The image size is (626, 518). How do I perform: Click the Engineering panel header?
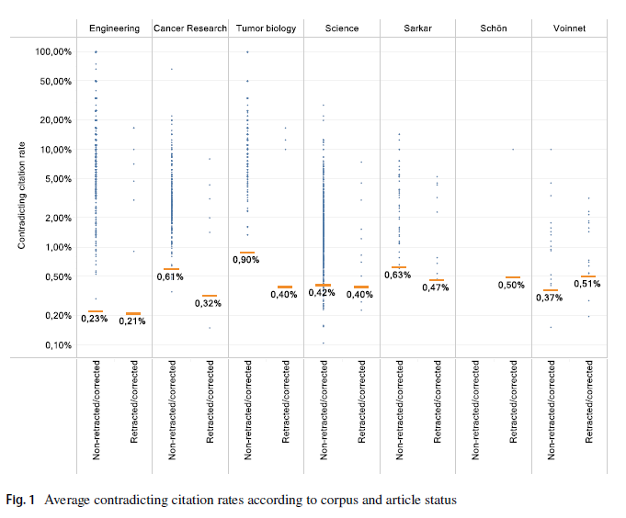(115, 28)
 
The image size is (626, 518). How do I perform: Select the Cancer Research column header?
(190, 28)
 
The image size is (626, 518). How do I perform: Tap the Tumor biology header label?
(266, 28)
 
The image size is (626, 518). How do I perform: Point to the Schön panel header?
(494, 28)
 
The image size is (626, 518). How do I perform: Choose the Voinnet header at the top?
(569, 28)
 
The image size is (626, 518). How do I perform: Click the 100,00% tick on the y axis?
(53, 51)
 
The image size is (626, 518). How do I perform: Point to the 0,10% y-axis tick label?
(56, 344)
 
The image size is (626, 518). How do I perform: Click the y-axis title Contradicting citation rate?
(21, 198)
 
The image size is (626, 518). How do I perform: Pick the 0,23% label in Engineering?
(96, 319)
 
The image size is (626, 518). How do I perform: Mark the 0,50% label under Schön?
(512, 286)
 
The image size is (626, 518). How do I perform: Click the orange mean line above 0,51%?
(587, 276)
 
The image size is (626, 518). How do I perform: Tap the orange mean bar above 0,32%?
(209, 296)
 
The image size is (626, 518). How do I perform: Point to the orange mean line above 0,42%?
(323, 285)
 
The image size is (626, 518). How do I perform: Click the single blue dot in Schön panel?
(513, 149)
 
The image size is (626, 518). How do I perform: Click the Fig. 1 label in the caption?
(20, 501)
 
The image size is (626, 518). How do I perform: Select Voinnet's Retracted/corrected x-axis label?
(588, 404)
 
